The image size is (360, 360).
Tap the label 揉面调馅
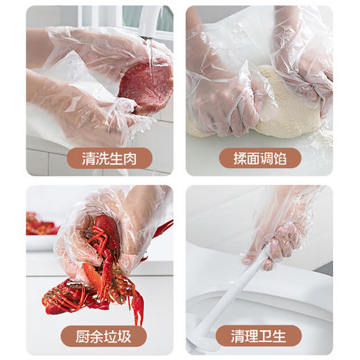(x=260, y=159)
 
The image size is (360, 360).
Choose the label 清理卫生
(x=260, y=337)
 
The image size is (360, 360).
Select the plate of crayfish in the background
(x=40, y=225)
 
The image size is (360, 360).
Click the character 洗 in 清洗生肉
(x=91, y=159)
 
